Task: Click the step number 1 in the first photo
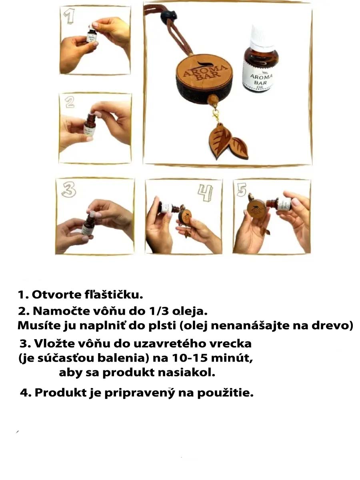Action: click(x=69, y=17)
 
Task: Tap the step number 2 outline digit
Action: click(x=70, y=102)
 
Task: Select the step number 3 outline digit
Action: click(x=69, y=189)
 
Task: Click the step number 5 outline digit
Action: click(x=242, y=189)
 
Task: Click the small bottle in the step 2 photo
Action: click(x=90, y=126)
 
